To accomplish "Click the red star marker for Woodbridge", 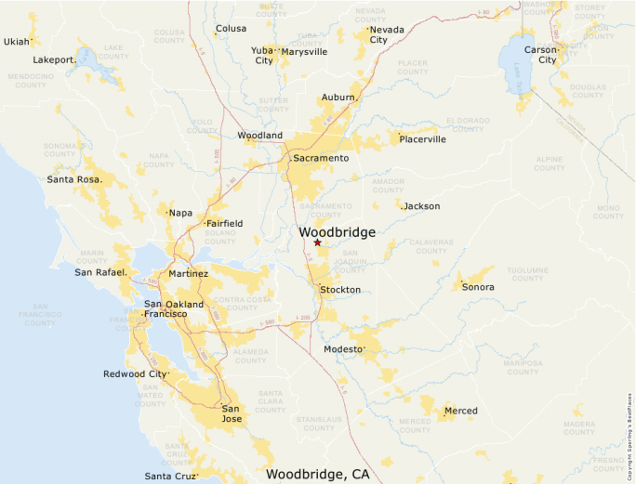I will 317,242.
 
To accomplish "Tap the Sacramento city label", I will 321,159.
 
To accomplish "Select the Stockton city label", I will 340,290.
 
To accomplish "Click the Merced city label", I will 460,411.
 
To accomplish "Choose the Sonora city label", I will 478,287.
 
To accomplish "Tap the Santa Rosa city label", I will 74,179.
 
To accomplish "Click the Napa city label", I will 180,213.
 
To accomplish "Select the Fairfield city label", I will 224,224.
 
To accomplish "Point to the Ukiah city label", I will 17,42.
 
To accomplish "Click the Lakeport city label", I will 53,59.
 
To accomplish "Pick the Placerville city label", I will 423,139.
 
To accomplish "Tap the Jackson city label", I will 422,206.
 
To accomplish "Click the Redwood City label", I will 136,374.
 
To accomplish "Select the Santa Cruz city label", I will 170,477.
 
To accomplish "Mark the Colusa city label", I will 232,29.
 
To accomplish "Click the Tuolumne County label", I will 527,273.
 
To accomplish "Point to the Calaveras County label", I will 431,246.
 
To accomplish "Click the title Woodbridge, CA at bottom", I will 317,474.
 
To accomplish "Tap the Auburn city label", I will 338,98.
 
